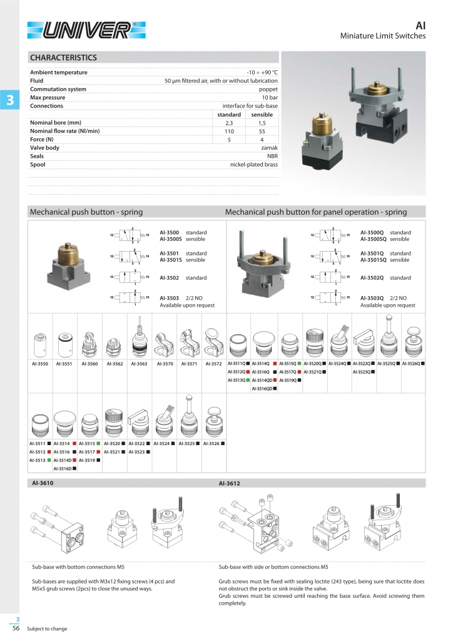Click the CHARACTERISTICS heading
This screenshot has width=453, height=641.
tap(63, 58)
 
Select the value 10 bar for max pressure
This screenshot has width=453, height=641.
tap(270, 98)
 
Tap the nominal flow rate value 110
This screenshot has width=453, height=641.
tap(229, 131)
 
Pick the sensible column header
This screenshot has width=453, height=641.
tap(262, 115)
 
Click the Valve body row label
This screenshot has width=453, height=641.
tap(44, 148)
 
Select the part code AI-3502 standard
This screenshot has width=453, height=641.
tap(183, 277)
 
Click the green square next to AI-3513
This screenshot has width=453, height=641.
tap(49, 459)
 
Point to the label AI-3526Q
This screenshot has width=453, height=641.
tap(411, 363)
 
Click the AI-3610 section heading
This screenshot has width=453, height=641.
tap(43, 483)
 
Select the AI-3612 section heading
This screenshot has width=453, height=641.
tap(229, 483)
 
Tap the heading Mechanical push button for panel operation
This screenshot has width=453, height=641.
tap(315, 212)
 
